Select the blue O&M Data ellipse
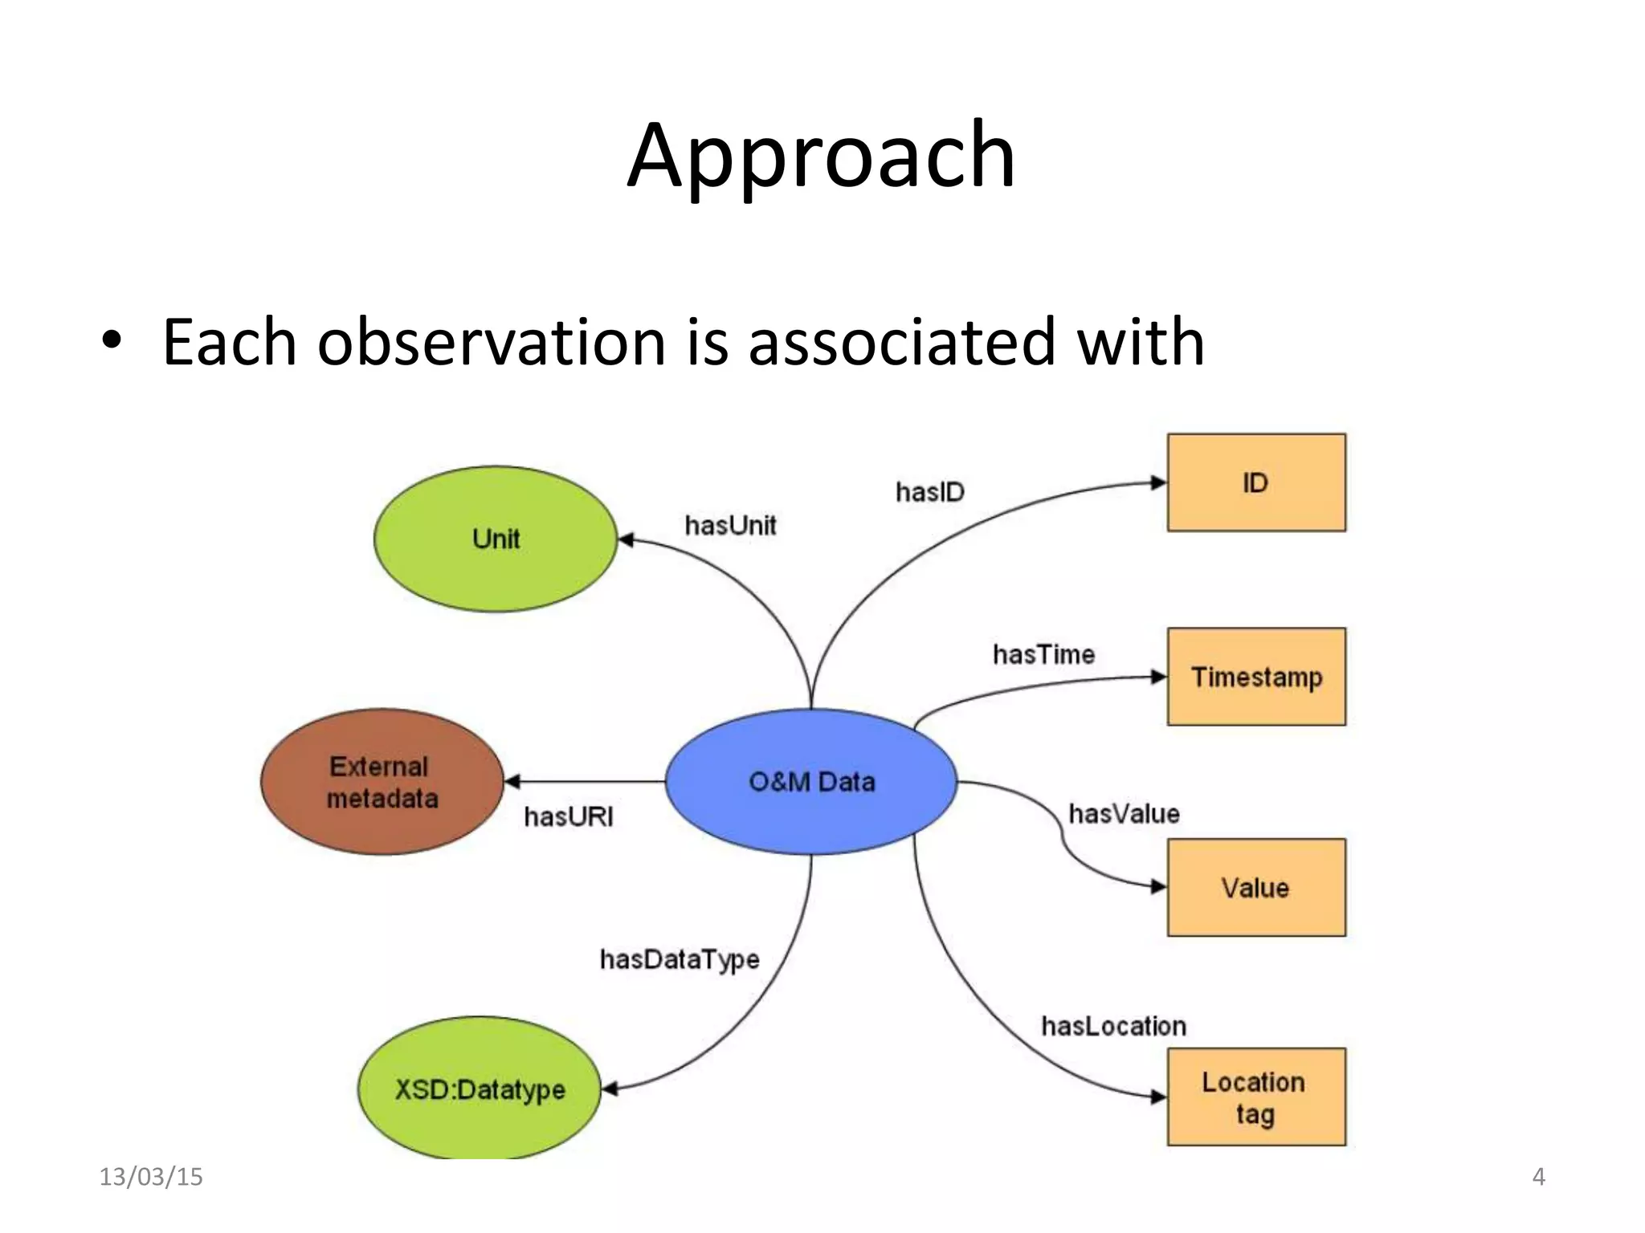click(x=811, y=781)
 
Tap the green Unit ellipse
click(x=496, y=539)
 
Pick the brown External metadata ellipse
click(x=382, y=782)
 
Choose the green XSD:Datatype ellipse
click(x=480, y=1089)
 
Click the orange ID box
click(x=1256, y=482)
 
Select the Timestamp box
click(x=1256, y=677)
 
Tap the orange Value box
click(x=1256, y=887)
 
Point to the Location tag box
click(x=1256, y=1097)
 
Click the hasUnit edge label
click(x=730, y=525)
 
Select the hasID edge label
click(x=929, y=491)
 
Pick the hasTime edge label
click(x=1043, y=654)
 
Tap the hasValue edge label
click(x=1124, y=813)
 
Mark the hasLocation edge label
click(x=1113, y=1026)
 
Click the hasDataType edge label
click(x=680, y=959)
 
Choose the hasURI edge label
click(x=569, y=816)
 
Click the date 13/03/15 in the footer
click(x=151, y=1177)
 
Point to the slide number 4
click(x=1538, y=1177)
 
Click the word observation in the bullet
click(x=492, y=343)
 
